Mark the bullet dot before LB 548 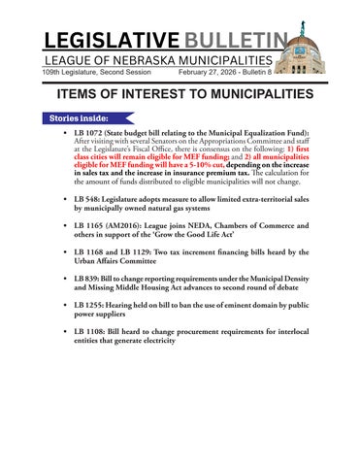pos(64,197)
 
